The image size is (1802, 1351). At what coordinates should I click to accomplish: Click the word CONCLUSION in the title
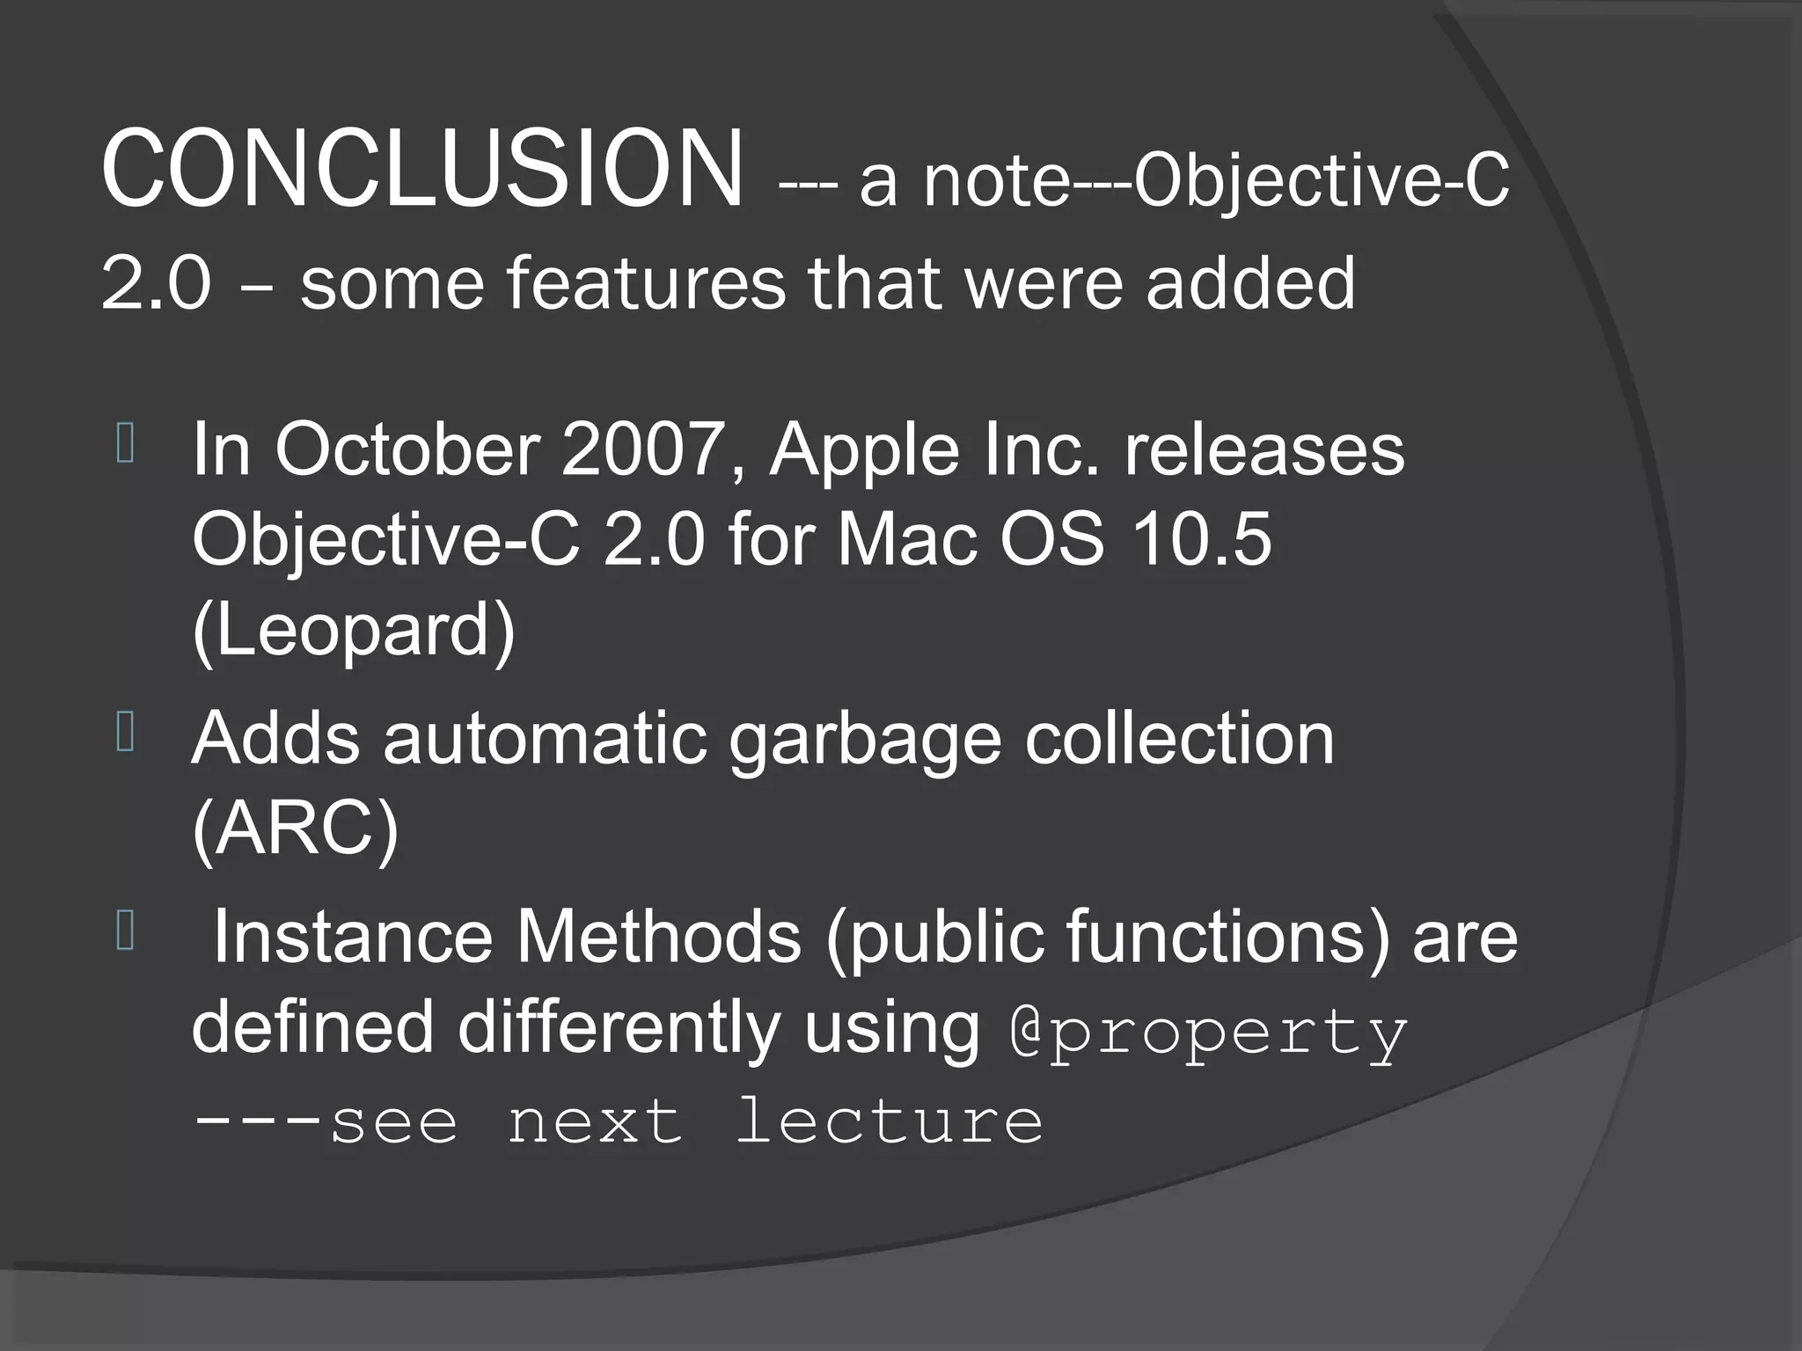422,169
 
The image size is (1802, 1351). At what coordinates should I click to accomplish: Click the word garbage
864,739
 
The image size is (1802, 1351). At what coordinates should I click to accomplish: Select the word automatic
545,739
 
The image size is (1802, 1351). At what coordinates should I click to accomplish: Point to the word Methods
659,938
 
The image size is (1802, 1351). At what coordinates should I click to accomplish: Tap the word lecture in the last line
889,1122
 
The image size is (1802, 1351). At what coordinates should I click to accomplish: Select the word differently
619,1027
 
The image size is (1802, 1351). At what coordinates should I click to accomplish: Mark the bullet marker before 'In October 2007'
125,443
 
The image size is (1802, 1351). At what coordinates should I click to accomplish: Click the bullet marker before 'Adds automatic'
125,732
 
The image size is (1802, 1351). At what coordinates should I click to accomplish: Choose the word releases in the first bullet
1264,450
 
